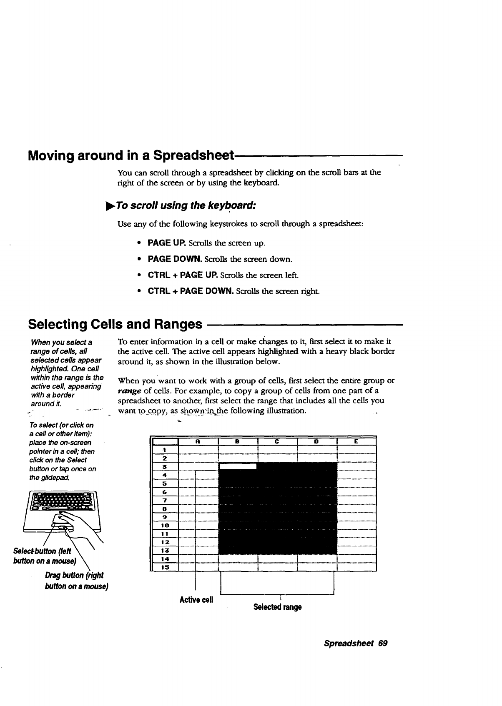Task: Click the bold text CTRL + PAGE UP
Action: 183,275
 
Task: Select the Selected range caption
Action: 277,607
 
